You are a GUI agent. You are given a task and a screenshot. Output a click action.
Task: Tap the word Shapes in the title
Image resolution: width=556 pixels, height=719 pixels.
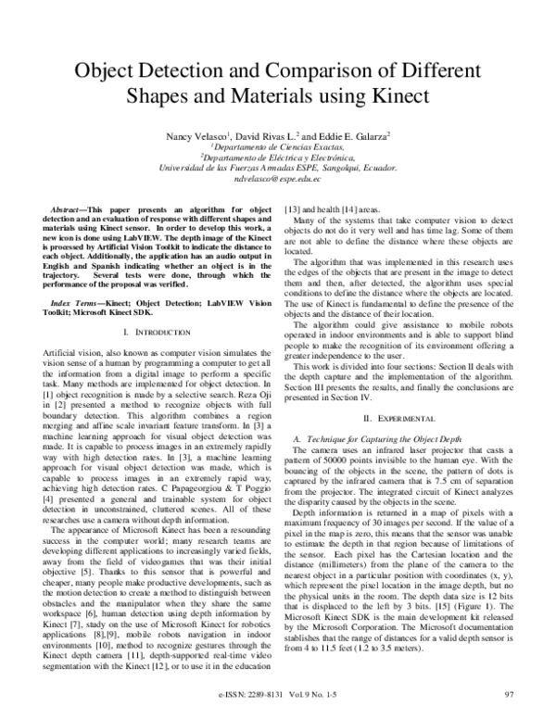[x=171, y=96]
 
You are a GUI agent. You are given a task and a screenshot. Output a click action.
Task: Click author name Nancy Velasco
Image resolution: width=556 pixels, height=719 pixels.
[x=197, y=136]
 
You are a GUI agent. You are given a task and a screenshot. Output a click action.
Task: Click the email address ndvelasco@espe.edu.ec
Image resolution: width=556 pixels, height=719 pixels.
[x=278, y=183]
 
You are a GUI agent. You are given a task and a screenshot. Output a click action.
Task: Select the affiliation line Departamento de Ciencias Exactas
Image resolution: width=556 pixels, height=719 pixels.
[x=278, y=148]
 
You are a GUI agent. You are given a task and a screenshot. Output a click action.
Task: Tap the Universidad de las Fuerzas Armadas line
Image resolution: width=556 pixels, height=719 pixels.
[x=278, y=170]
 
